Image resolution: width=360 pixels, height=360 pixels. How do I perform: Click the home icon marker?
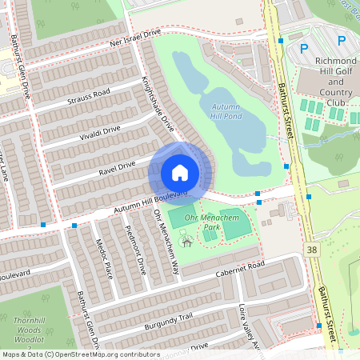point(180,173)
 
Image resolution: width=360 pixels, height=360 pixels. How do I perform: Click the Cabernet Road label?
point(239,270)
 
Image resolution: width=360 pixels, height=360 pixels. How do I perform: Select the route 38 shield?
point(312,250)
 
